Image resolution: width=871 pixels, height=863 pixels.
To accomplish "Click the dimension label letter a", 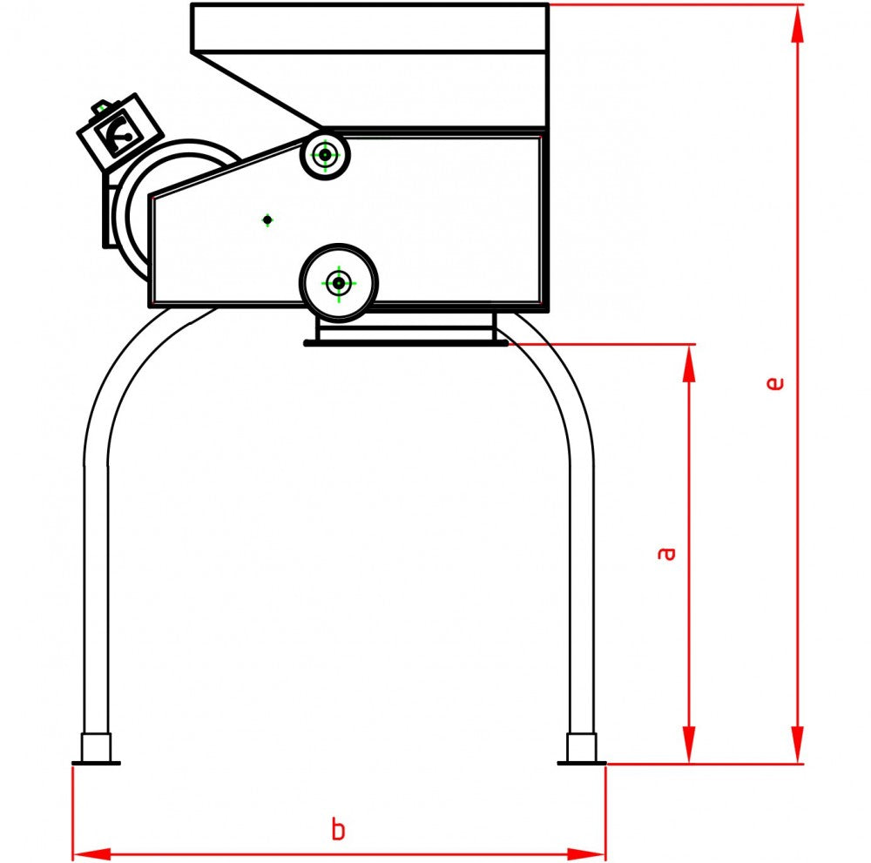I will pyautogui.click(x=666, y=552).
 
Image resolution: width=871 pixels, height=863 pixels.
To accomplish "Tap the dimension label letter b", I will pyautogui.click(x=338, y=829).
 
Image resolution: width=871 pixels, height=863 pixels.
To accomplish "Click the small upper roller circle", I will pyautogui.click(x=325, y=156).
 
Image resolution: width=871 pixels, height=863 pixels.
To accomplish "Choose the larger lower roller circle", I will pyautogui.click(x=338, y=281).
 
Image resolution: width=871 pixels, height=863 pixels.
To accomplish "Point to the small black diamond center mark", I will pyautogui.click(x=267, y=219).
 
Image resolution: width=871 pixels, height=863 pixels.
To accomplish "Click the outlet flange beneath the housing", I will pyautogui.click(x=405, y=334).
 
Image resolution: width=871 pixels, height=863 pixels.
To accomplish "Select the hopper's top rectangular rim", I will pyautogui.click(x=369, y=27).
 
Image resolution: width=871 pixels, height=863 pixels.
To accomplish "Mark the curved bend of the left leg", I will pyautogui.click(x=122, y=374).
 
